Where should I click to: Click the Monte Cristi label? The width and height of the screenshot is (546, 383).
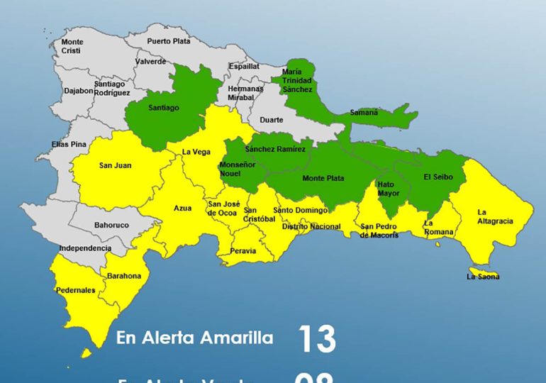coord(72,47)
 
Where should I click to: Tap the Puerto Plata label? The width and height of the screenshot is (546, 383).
coord(169,41)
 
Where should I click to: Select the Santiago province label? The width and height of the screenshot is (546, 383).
coord(164,108)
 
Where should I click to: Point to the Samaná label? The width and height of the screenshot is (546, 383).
coord(364,113)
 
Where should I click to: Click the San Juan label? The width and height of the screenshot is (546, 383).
coord(115,166)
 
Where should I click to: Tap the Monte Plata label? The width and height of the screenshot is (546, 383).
coord(324,178)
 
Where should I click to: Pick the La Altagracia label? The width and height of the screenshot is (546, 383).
coord(495,216)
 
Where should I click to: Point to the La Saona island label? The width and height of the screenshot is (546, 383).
coord(483,277)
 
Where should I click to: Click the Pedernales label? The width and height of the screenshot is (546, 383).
coord(76,290)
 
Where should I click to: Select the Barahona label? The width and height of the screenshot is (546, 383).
coord(124,276)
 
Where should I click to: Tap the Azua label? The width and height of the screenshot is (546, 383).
coord(183,209)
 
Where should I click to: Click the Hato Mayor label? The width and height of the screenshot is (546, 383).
coord(389,188)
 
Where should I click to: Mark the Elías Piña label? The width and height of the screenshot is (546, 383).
coord(69,144)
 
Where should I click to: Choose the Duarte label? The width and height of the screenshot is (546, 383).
coord(271,120)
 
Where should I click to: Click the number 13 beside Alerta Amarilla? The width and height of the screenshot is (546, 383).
coord(316,339)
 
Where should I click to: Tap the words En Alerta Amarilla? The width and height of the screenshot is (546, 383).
coord(194,338)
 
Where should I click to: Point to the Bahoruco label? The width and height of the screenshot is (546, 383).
coord(112,226)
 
